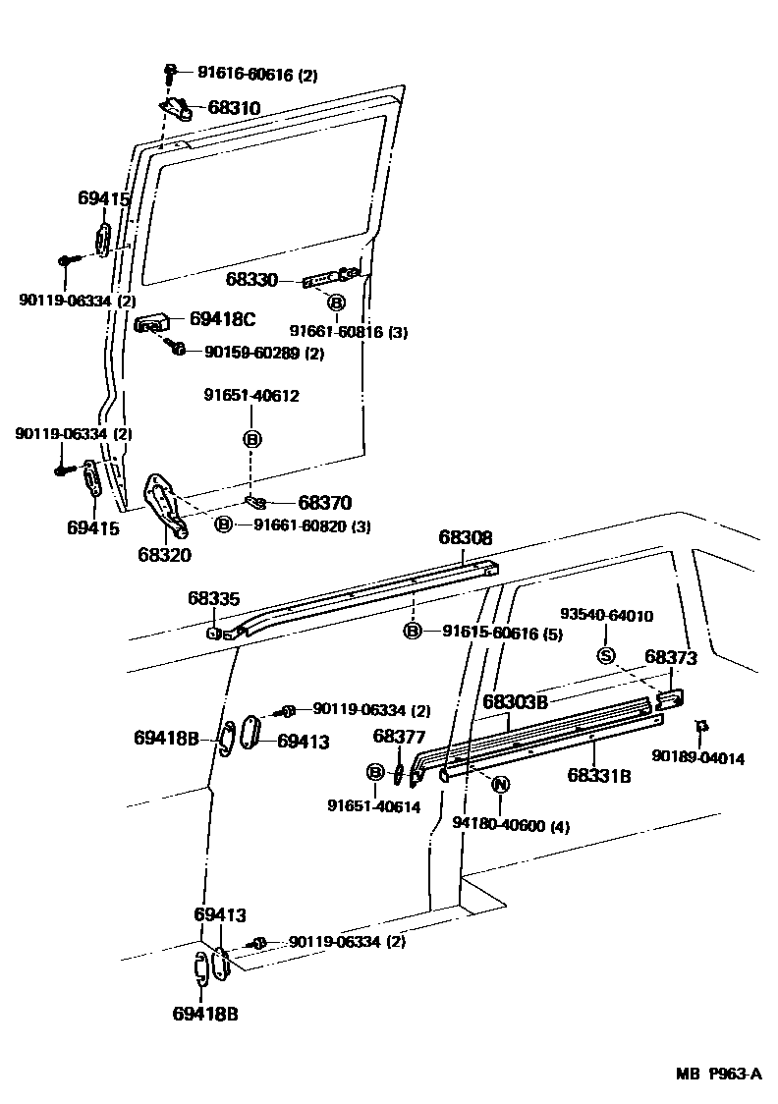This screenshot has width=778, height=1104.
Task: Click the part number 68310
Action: (234, 107)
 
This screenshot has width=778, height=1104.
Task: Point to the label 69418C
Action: (222, 318)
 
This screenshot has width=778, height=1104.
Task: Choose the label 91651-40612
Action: (251, 396)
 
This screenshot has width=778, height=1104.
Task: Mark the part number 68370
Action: (325, 502)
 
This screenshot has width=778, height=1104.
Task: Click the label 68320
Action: (164, 554)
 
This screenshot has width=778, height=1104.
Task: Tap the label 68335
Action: (214, 598)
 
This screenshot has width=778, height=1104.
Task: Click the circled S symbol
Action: (606, 656)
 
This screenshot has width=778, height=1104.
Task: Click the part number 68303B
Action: (515, 701)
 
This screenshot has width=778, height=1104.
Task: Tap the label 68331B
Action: (598, 775)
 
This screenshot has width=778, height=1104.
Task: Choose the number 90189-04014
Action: (697, 757)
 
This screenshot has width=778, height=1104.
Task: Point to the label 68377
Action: (399, 737)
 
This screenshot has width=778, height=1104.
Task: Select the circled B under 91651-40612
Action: (251, 439)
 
